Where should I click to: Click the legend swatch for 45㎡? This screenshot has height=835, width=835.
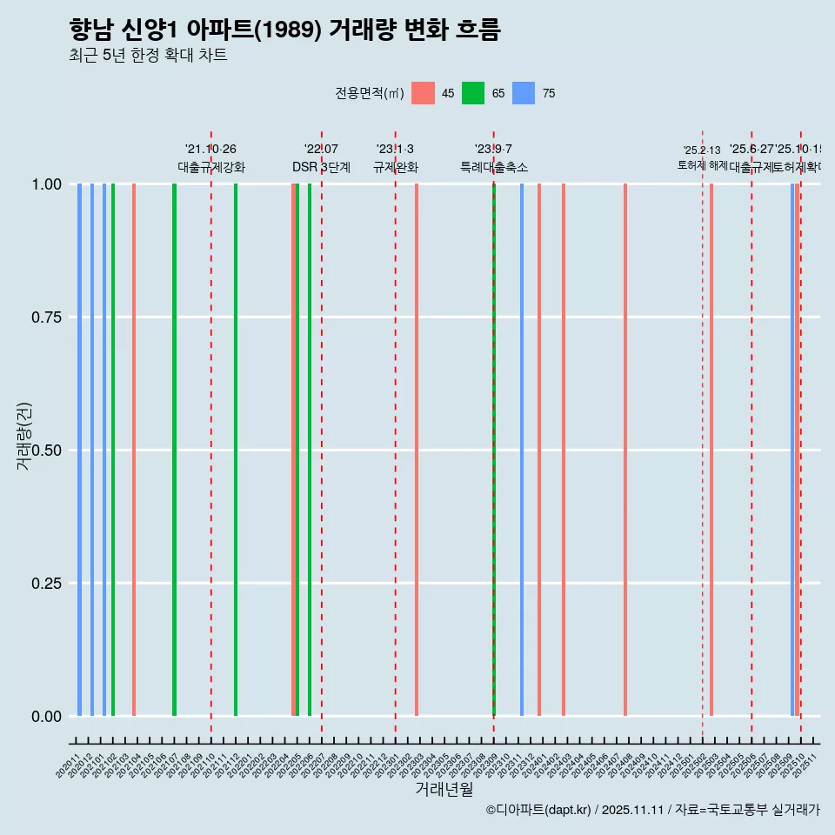pyautogui.click(x=423, y=93)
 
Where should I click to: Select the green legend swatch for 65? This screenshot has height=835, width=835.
pyautogui.click(x=473, y=93)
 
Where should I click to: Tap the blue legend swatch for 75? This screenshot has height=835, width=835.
pyautogui.click(x=524, y=93)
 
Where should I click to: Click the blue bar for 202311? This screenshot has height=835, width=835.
pyautogui.click(x=522, y=450)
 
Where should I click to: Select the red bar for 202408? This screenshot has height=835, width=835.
pyautogui.click(x=625, y=450)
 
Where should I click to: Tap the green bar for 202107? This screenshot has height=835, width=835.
pyautogui.click(x=175, y=450)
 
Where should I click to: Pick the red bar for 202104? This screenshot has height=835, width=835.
pyautogui.click(x=134, y=450)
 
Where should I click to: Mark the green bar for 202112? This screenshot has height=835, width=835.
pyautogui.click(x=236, y=450)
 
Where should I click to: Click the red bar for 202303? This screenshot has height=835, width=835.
pyautogui.click(x=417, y=450)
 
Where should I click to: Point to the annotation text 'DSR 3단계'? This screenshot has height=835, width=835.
pyautogui.click(x=321, y=167)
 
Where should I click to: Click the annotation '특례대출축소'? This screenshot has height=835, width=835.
pyautogui.click(x=494, y=167)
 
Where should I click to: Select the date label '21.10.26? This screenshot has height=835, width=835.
pyautogui.click(x=210, y=150)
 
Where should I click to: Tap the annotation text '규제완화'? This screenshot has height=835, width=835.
pyautogui.click(x=396, y=167)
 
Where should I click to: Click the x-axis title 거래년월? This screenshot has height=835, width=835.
pyautogui.click(x=444, y=790)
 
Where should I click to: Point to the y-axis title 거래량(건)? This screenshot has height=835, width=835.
pyautogui.click(x=24, y=437)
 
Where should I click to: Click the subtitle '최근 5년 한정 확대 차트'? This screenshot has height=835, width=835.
pyautogui.click(x=148, y=56)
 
